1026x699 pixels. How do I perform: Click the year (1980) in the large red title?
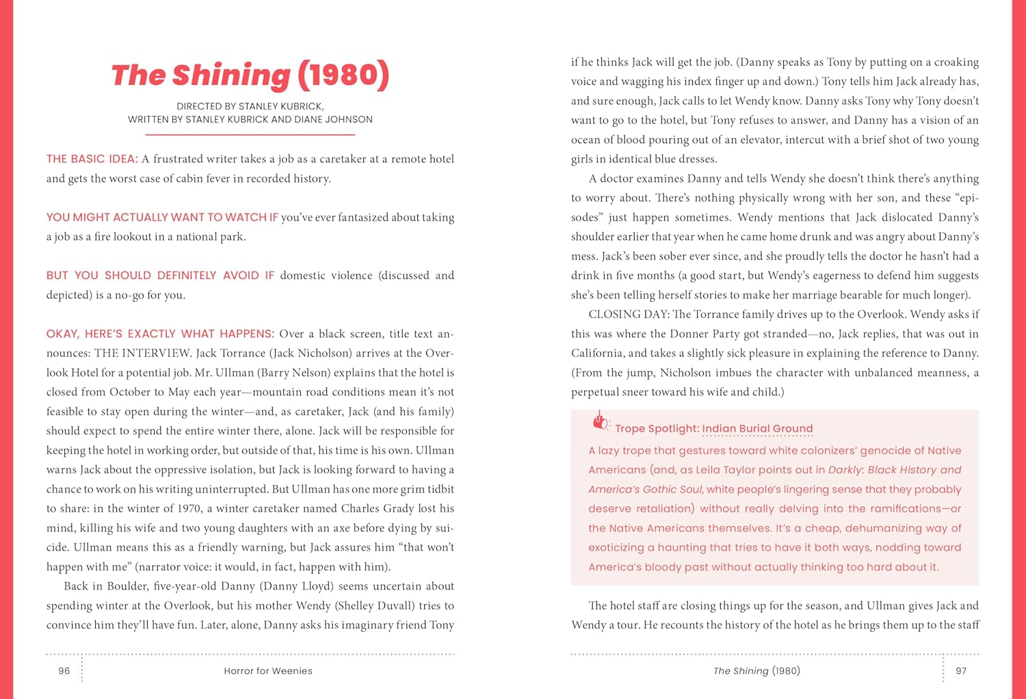[x=343, y=75]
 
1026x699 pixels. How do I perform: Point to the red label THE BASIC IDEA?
[x=92, y=159]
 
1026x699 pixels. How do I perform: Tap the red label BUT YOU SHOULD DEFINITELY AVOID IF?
[x=160, y=276]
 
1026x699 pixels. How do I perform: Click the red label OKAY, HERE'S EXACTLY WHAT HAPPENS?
[x=160, y=334]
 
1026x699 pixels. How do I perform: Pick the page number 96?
[x=64, y=671]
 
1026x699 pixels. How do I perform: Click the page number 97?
[x=961, y=671]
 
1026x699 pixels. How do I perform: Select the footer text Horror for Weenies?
[x=267, y=671]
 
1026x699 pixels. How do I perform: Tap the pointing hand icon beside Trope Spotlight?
[x=601, y=422]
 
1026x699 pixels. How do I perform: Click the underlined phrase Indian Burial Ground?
[x=757, y=429]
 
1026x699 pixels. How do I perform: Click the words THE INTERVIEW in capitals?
[x=142, y=354]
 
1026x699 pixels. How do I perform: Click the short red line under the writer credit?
[x=250, y=135]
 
